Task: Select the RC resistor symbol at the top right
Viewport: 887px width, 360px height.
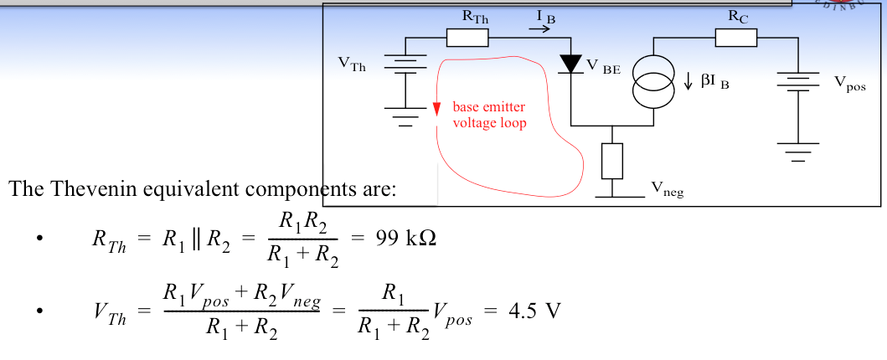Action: (736, 38)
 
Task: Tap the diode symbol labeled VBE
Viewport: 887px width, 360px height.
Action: (570, 64)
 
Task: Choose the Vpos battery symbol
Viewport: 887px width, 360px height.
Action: (797, 82)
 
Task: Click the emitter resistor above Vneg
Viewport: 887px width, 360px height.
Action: (612, 161)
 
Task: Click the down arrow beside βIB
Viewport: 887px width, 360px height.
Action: (688, 81)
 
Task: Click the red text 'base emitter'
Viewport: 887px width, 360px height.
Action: (490, 107)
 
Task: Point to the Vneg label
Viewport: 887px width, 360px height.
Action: (667, 192)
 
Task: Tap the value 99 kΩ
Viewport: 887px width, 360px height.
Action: (401, 238)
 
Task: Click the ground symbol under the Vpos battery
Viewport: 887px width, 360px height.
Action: (797, 151)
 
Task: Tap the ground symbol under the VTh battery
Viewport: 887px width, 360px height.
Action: (405, 117)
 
